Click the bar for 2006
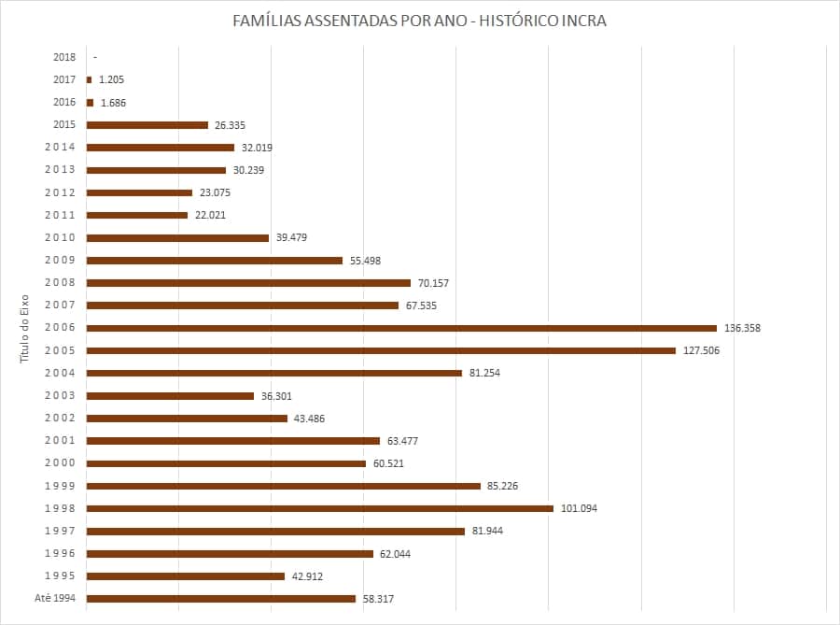tap(401, 328)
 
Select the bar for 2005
tap(381, 350)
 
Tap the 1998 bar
tap(319, 508)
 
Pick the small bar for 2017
tap(89, 79)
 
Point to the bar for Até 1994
tap(220, 598)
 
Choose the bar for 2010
tap(177, 237)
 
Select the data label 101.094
tap(579, 508)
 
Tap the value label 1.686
tap(113, 103)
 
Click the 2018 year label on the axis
tap(64, 57)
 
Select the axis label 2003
tap(61, 396)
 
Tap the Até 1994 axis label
tap(57, 599)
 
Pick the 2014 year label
tap(61, 148)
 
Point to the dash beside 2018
tap(95, 57)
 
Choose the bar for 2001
tap(232, 441)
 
